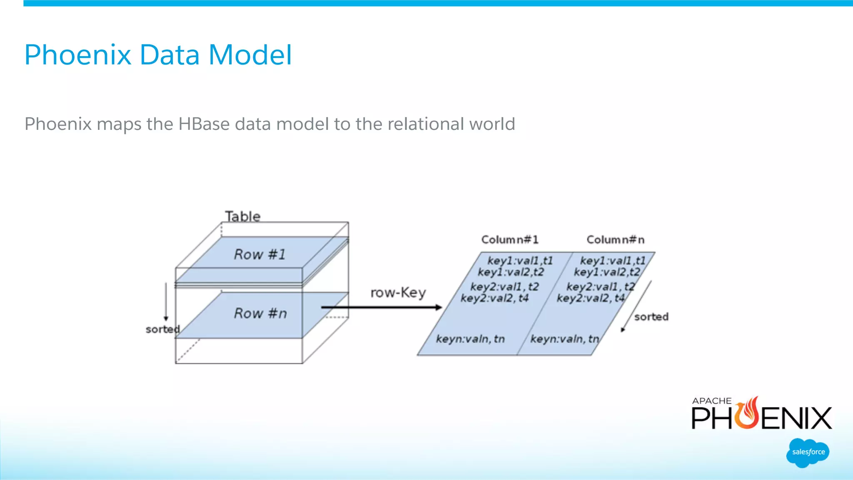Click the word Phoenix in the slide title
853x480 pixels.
pyautogui.click(x=78, y=55)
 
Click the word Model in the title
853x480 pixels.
pyautogui.click(x=250, y=55)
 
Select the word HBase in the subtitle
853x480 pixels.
pyautogui.click(x=204, y=124)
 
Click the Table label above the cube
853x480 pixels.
pyautogui.click(x=243, y=216)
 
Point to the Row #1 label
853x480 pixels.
pyautogui.click(x=260, y=254)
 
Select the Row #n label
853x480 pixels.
pyautogui.click(x=260, y=313)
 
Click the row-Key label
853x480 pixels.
pyautogui.click(x=398, y=293)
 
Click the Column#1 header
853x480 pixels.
pyautogui.click(x=510, y=240)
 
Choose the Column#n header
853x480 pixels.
pyautogui.click(x=615, y=240)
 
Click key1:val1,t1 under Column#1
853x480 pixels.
pyautogui.click(x=520, y=261)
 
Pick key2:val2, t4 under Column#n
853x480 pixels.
pyautogui.click(x=590, y=298)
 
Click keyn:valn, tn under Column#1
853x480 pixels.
pyautogui.click(x=470, y=339)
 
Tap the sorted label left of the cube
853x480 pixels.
pyautogui.click(x=162, y=329)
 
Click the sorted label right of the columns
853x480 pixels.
pyautogui.click(x=651, y=317)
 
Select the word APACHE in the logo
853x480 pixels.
pyautogui.click(x=711, y=401)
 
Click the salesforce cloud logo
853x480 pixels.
pyautogui.click(x=808, y=453)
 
